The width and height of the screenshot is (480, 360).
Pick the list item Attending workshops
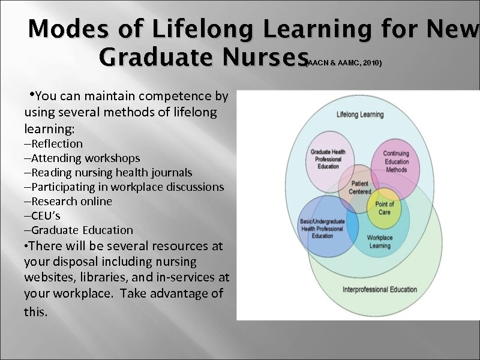[x=82, y=158]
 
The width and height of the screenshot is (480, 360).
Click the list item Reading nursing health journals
[x=108, y=173]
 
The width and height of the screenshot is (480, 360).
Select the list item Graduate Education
[x=79, y=230]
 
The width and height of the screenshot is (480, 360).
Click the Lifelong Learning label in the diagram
[x=361, y=114]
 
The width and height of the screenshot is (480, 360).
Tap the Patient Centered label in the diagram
[x=359, y=187]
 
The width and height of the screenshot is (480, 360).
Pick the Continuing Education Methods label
[x=395, y=161]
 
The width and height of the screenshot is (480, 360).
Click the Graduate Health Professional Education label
[x=328, y=159]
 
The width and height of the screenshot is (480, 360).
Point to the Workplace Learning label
[x=379, y=242]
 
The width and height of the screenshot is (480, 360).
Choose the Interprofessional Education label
[x=379, y=289]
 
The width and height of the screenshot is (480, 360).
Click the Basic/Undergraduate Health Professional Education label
[x=322, y=229]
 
